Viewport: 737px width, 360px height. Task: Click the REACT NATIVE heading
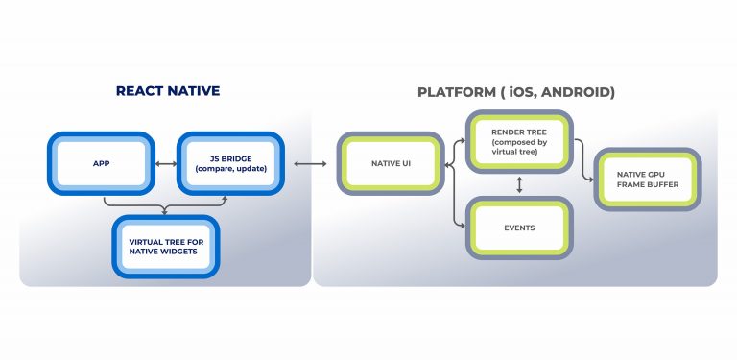tap(168, 91)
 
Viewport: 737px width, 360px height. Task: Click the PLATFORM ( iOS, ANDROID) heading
tap(515, 92)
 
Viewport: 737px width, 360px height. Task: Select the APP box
tap(101, 164)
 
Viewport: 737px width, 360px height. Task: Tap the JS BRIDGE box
tap(230, 164)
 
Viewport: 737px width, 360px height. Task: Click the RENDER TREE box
tap(519, 141)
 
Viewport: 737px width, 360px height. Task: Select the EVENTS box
tap(519, 227)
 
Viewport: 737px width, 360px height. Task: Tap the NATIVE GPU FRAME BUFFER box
tap(646, 180)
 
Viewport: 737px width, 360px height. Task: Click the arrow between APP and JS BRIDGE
tap(165, 164)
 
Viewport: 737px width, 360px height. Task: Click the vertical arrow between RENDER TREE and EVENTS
tap(519, 183)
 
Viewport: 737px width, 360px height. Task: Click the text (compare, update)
tap(230, 171)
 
